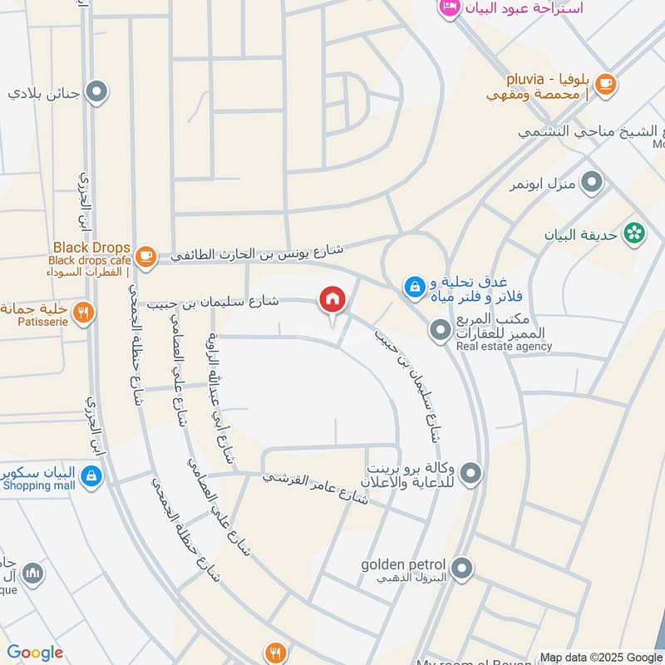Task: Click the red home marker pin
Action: pyautogui.click(x=332, y=300)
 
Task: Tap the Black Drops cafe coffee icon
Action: pyautogui.click(x=145, y=256)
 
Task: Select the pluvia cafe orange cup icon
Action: pyautogui.click(x=606, y=83)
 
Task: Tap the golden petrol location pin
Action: pyautogui.click(x=463, y=569)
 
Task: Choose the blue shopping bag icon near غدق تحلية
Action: pyautogui.click(x=412, y=288)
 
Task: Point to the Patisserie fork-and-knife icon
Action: pyautogui.click(x=83, y=313)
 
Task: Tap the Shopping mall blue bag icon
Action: pyautogui.click(x=92, y=476)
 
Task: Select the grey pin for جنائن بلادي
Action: pyautogui.click(x=98, y=92)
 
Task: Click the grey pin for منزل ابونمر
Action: pyautogui.click(x=592, y=182)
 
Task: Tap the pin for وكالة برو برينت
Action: pyautogui.click(x=471, y=474)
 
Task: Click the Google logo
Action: pyautogui.click(x=35, y=653)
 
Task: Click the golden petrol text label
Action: pyautogui.click(x=403, y=565)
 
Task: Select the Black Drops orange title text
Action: pyautogui.click(x=91, y=248)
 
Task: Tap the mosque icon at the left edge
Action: pyautogui.click(x=32, y=573)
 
